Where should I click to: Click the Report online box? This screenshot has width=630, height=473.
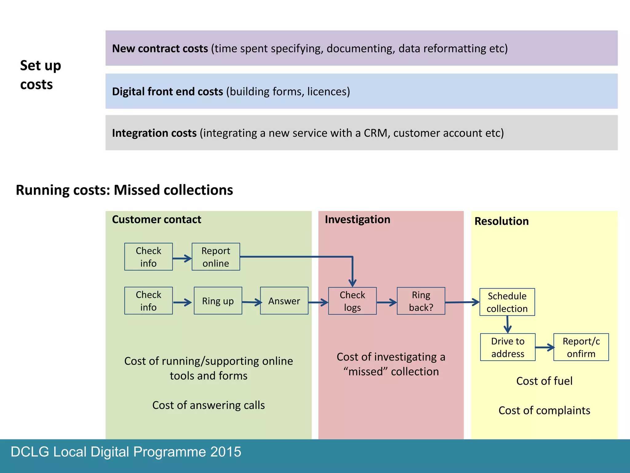point(216,257)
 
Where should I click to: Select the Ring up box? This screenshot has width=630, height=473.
point(218,301)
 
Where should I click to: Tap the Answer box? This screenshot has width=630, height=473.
point(284,301)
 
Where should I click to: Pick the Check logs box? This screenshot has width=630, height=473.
point(352,301)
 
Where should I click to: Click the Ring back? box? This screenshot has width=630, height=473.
point(421,301)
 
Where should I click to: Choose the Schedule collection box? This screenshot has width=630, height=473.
point(507,302)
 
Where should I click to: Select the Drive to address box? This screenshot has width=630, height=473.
point(508,347)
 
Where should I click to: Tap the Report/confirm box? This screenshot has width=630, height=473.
point(581,347)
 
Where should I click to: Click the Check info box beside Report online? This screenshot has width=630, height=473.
point(148,257)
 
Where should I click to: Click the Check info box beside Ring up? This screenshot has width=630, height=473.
point(148,301)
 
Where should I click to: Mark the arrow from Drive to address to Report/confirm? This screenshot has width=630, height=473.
point(544,348)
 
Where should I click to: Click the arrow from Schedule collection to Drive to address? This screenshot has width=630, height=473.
point(508,325)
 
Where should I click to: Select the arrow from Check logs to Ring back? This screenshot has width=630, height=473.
point(387,302)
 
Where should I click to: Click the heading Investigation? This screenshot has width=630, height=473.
point(357,220)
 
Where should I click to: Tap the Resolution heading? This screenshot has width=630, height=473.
point(501,221)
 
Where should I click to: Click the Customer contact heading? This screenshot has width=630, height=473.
point(156,220)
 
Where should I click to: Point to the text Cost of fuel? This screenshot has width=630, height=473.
point(544,381)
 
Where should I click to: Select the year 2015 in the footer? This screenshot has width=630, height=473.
point(226,452)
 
